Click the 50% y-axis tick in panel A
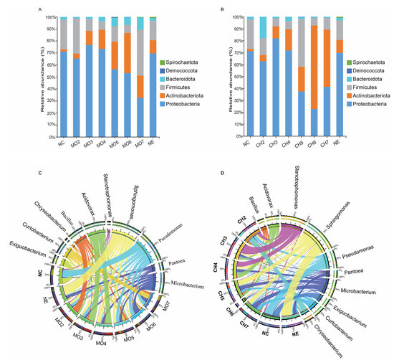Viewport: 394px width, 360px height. point(52,77)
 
